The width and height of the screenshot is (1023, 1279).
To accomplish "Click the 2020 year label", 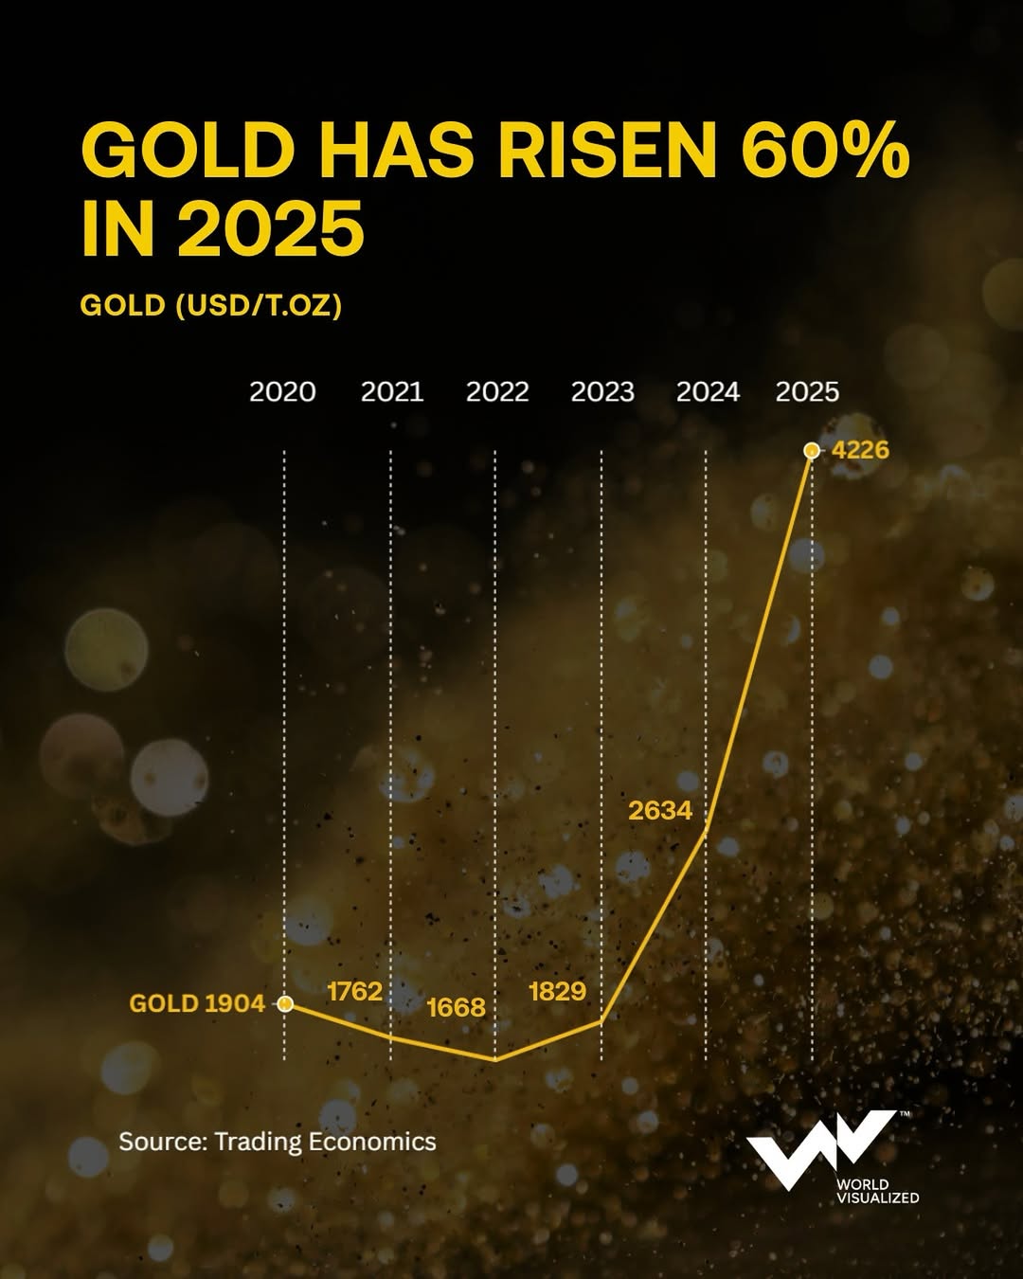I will coord(282,392).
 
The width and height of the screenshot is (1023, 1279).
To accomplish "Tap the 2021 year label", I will coord(391,392).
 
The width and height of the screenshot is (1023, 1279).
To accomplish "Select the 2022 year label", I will coord(496,392).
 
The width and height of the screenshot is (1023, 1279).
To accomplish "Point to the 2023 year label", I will coord(602,392).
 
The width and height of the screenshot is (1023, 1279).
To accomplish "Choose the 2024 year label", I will coord(708,392).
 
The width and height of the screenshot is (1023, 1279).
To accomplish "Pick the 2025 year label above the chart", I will coord(807,392).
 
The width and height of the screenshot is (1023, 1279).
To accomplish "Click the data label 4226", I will coord(860,450).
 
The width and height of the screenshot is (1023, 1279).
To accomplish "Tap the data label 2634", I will coord(660,811).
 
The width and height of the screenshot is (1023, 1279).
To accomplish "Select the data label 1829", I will coord(557,992).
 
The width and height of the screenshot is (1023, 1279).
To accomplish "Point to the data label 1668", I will coord(456,1007).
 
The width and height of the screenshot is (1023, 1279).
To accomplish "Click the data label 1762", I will coord(354,992).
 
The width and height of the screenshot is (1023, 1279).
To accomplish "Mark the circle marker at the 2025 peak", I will coord(811,451).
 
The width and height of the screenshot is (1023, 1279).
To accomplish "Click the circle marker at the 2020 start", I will coord(285,1004).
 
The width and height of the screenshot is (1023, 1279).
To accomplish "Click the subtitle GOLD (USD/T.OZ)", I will coord(210,305).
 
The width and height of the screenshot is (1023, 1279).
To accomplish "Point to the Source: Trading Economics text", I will coord(278,1142).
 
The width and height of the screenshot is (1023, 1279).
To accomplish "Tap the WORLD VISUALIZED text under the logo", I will coord(877,1191).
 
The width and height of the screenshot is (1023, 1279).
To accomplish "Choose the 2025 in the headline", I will coord(271,228).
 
